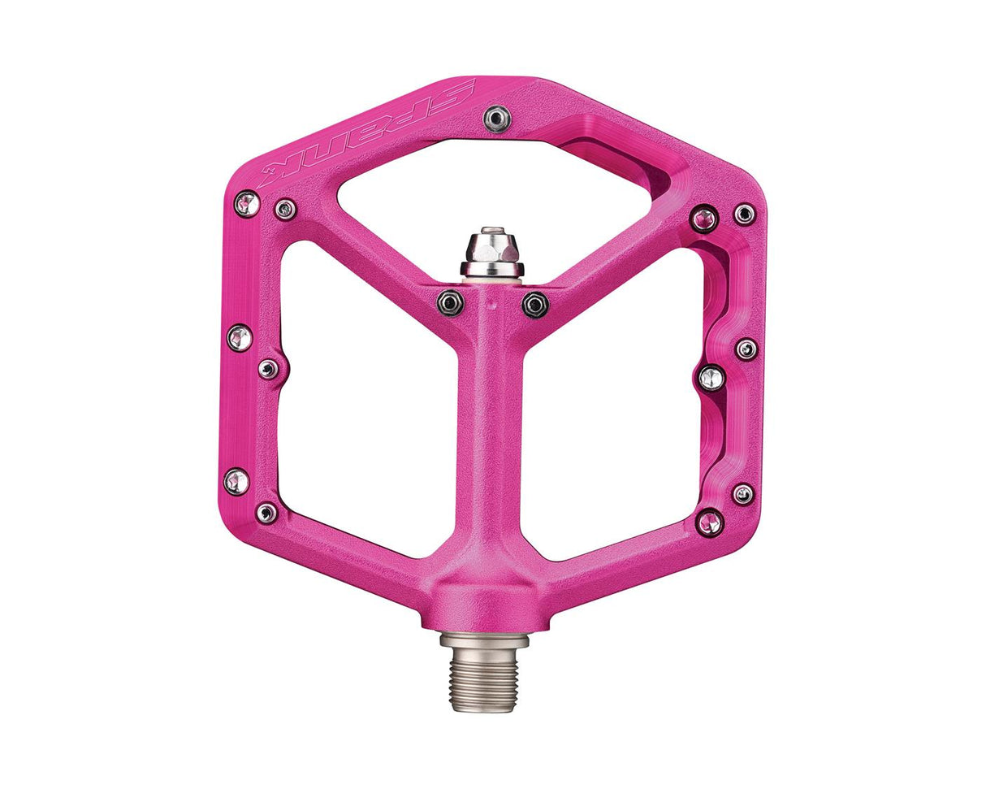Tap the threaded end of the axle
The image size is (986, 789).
[x=483, y=683]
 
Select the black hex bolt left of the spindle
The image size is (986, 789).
[x=450, y=303]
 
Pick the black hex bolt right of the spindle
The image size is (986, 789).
[x=534, y=305]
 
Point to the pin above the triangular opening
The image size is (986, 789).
[x=497, y=119]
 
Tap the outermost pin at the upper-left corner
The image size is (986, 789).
[x=247, y=203]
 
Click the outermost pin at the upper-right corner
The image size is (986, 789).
[x=744, y=214]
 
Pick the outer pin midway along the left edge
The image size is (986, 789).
[x=239, y=336]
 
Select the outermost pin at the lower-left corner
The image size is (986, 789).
[x=236, y=481]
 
